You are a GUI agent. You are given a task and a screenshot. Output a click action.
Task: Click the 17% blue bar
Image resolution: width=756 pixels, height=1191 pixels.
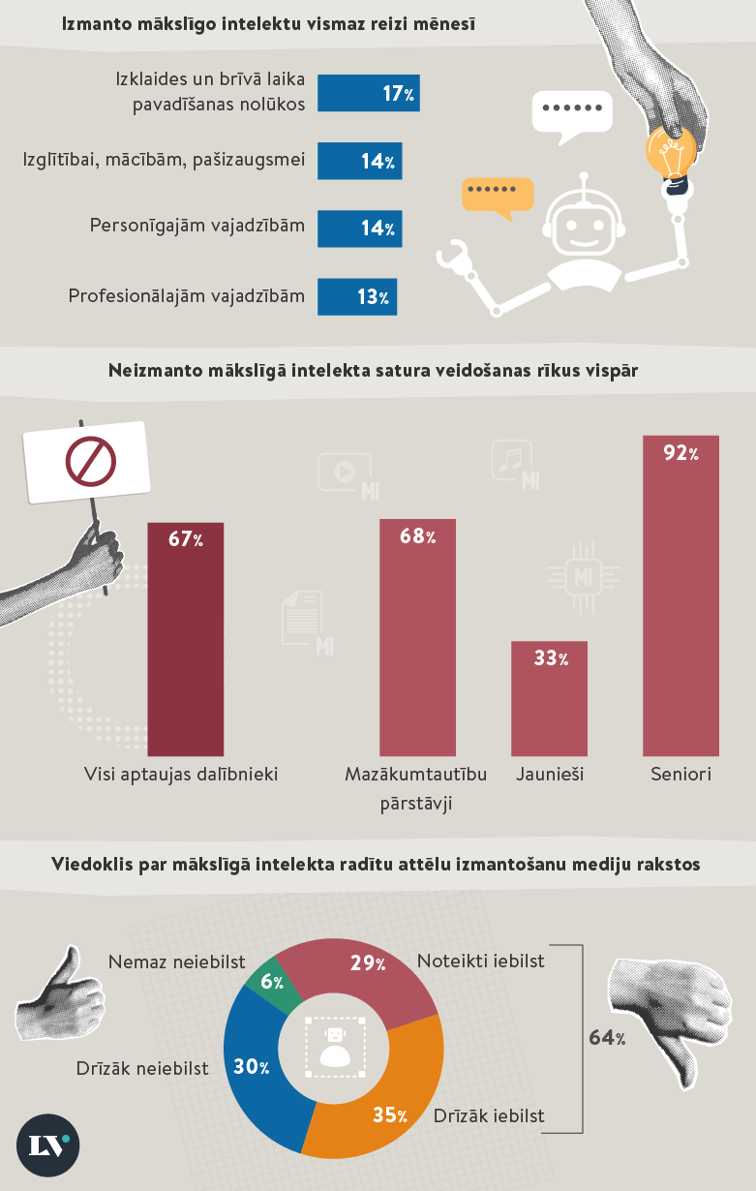[368, 94]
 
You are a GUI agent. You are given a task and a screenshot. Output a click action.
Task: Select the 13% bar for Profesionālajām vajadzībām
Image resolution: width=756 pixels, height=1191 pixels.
[356, 297]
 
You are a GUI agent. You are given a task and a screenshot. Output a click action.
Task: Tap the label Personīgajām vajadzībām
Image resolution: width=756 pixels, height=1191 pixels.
[197, 226]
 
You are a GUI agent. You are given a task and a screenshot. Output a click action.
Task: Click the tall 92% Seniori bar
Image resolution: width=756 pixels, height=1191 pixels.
[680, 595]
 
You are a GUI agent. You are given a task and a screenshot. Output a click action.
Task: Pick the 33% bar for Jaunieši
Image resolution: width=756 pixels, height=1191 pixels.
[549, 698]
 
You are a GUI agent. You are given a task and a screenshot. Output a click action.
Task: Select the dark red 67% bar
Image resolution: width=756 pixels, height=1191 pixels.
[185, 639]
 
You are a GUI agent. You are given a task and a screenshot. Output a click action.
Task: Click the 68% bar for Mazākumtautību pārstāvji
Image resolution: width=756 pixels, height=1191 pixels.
[417, 639]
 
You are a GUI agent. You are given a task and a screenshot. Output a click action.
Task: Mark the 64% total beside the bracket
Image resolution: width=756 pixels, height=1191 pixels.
[607, 1038]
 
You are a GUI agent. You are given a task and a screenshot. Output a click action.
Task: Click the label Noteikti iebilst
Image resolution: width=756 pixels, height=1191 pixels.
[481, 962]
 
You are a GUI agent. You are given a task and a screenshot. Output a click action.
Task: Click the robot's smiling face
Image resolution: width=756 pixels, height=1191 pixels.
[583, 230]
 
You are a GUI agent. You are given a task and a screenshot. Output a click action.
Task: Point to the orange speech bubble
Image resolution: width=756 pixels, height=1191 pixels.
[498, 195]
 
